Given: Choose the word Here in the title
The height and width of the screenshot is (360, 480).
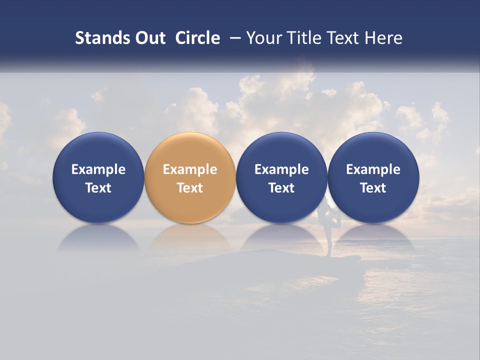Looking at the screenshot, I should click(x=383, y=38).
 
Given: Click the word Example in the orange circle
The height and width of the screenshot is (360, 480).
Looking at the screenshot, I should click(x=190, y=169).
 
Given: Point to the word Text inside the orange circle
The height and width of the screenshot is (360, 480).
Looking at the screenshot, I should click(x=190, y=188).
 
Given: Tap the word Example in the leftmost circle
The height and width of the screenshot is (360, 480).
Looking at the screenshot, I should click(x=98, y=169).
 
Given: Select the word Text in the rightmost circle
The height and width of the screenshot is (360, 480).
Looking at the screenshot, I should click(x=373, y=188).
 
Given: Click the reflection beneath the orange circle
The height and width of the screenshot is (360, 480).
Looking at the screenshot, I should click(x=190, y=237).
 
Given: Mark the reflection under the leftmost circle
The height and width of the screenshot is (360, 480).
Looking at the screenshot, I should click(x=98, y=237).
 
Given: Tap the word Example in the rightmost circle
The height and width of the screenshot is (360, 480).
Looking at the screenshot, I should click(x=373, y=169).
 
